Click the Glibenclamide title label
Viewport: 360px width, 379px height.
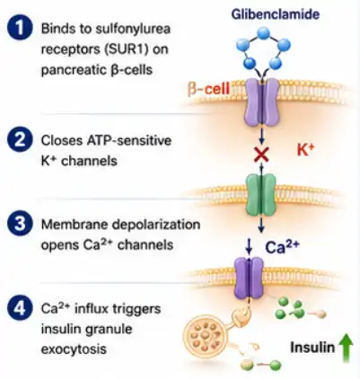[x=276, y=14]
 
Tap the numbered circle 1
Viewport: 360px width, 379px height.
[x=20, y=28]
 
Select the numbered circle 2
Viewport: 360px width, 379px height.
[x=20, y=140]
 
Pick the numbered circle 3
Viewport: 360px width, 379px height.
[x=20, y=224]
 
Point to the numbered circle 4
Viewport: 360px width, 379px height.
[x=20, y=308]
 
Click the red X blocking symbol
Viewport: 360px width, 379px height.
[x=261, y=154]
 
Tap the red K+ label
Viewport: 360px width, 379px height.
[x=306, y=149]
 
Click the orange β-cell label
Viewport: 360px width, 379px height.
[x=209, y=89]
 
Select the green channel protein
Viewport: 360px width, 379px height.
[x=261, y=194]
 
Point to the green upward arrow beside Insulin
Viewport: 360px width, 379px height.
[x=347, y=348]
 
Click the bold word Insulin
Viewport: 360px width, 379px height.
[x=312, y=348]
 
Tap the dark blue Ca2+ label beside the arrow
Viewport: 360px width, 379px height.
[x=282, y=247]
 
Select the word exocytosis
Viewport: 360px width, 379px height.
[x=74, y=349]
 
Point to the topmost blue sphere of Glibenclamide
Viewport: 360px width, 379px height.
[x=263, y=33]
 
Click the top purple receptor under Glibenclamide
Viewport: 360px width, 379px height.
[x=261, y=102]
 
